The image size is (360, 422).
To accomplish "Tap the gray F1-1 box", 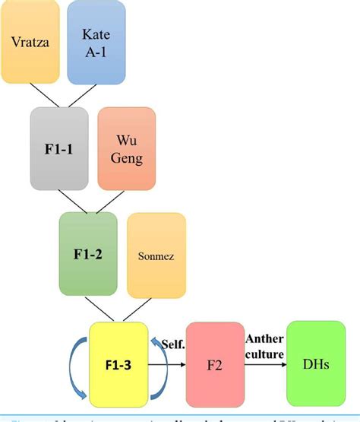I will [59, 148].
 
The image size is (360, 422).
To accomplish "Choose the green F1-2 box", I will [89, 253].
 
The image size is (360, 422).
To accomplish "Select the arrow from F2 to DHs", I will [266, 364].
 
